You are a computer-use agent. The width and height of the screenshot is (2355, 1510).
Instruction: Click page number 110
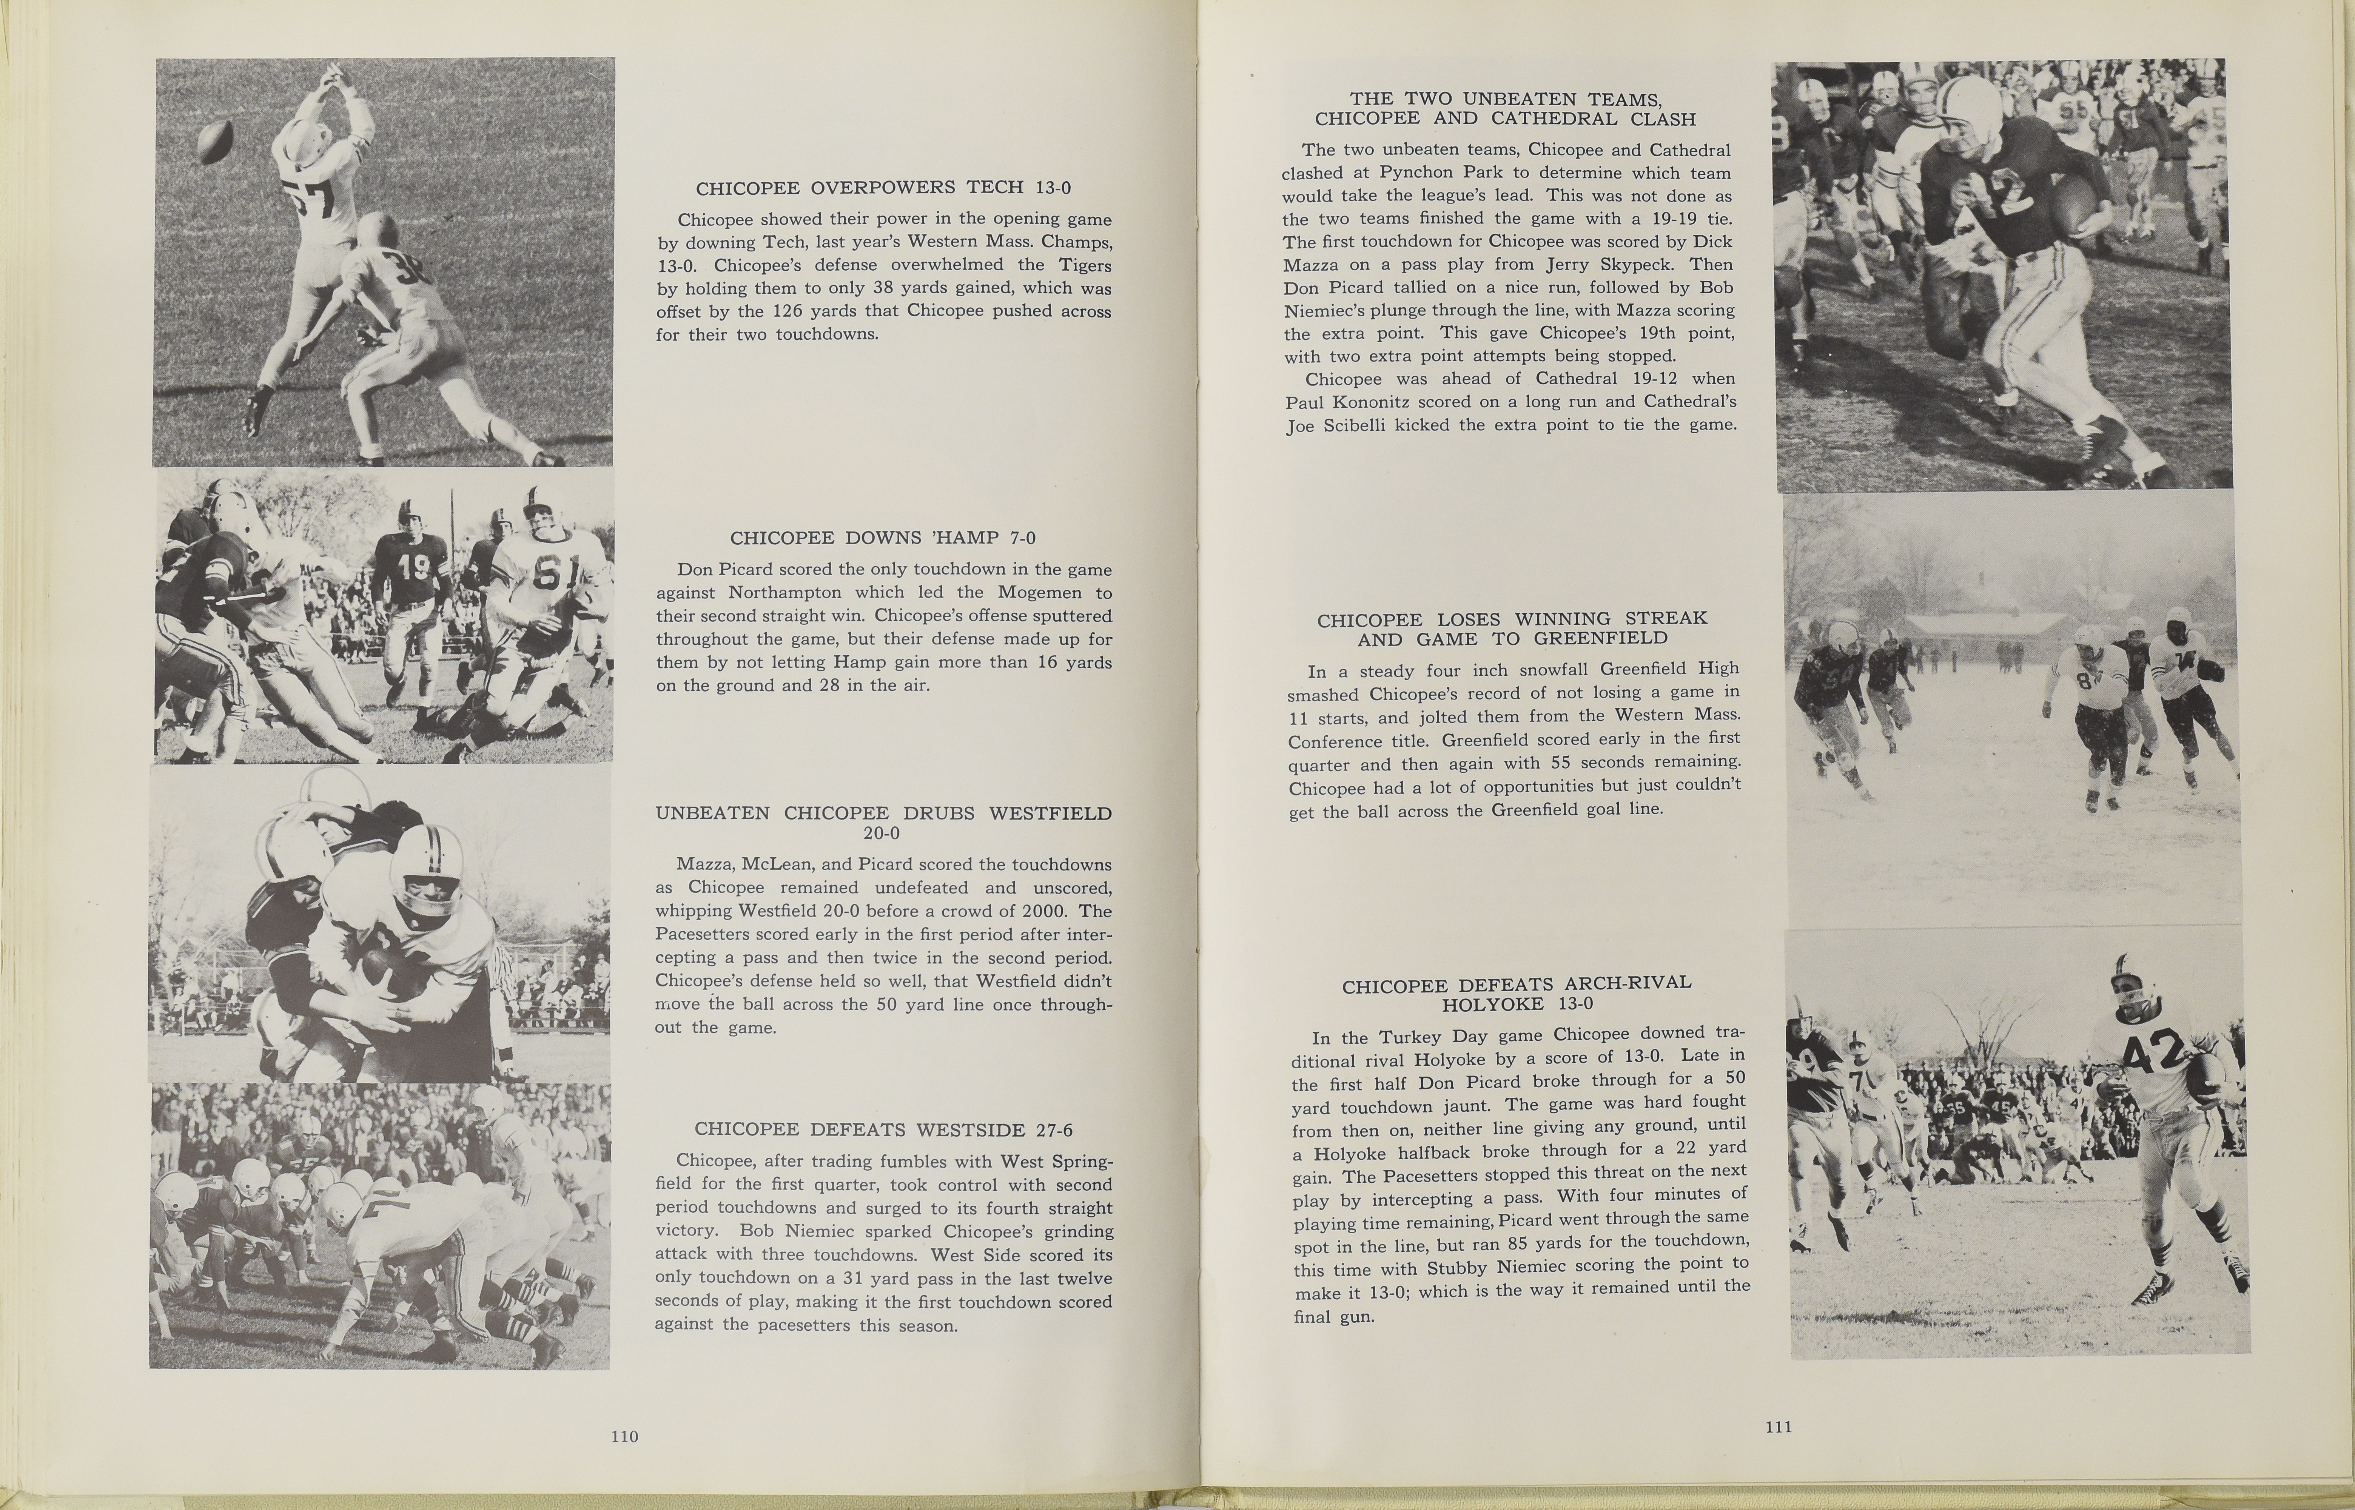click(624, 1436)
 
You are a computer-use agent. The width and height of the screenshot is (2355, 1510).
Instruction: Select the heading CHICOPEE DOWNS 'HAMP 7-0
click(882, 537)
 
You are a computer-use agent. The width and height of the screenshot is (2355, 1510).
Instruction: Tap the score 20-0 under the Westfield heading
click(882, 834)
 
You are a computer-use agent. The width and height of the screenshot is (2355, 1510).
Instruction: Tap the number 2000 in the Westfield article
click(1036, 911)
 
